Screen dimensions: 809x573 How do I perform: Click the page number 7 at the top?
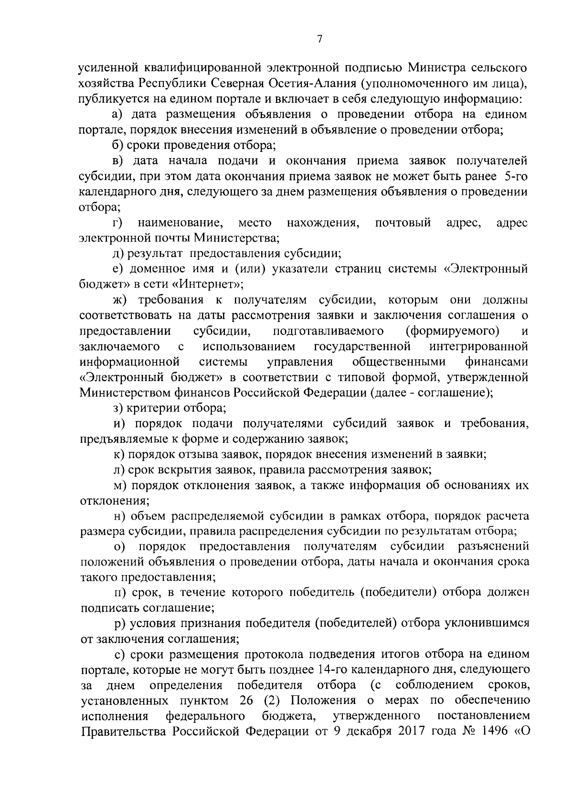point(320,40)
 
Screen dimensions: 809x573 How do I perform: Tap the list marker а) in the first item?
point(117,115)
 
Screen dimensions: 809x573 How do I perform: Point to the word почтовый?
point(403,223)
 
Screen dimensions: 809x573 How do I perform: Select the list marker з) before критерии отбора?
point(117,408)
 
